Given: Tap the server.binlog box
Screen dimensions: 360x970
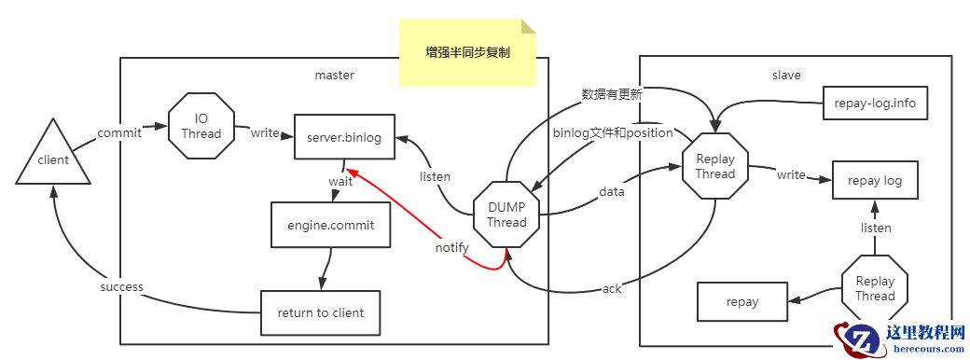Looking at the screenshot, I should [344, 137].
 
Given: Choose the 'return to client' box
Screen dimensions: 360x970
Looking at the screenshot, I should [321, 312].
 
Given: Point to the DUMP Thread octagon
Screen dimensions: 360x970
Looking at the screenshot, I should [506, 215].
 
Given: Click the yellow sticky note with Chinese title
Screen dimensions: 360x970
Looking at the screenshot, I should [467, 53].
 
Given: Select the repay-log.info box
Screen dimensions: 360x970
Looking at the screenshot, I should [876, 103].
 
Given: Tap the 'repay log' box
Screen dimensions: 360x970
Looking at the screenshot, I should [874, 180].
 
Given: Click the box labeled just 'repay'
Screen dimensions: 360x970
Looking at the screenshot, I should [742, 302].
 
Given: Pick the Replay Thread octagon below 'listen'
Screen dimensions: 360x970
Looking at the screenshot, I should [874, 288].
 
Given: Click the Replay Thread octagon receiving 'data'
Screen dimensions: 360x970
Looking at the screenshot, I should [715, 166].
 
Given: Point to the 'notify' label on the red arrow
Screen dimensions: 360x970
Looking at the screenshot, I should [451, 248].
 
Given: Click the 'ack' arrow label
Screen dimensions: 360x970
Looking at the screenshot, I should [611, 288].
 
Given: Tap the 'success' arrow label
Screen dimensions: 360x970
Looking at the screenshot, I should [121, 286].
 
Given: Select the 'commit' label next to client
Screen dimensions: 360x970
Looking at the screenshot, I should [119, 132].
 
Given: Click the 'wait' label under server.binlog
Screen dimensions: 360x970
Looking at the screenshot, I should [339, 181].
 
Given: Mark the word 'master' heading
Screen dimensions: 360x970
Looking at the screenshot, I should [334, 74].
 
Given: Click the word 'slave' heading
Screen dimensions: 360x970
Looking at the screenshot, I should [785, 74].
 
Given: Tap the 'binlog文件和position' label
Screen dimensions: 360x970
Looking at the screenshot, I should [613, 132].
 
